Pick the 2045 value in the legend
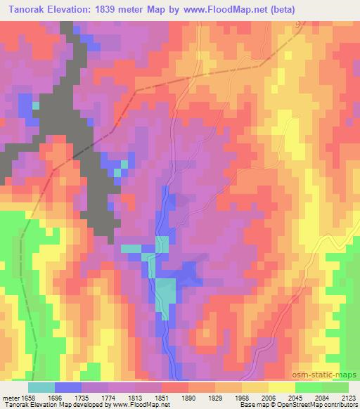point(309,397)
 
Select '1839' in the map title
point(115,9)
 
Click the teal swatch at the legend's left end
point(41,387)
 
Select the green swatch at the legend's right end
point(335,387)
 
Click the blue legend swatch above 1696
point(68,387)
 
